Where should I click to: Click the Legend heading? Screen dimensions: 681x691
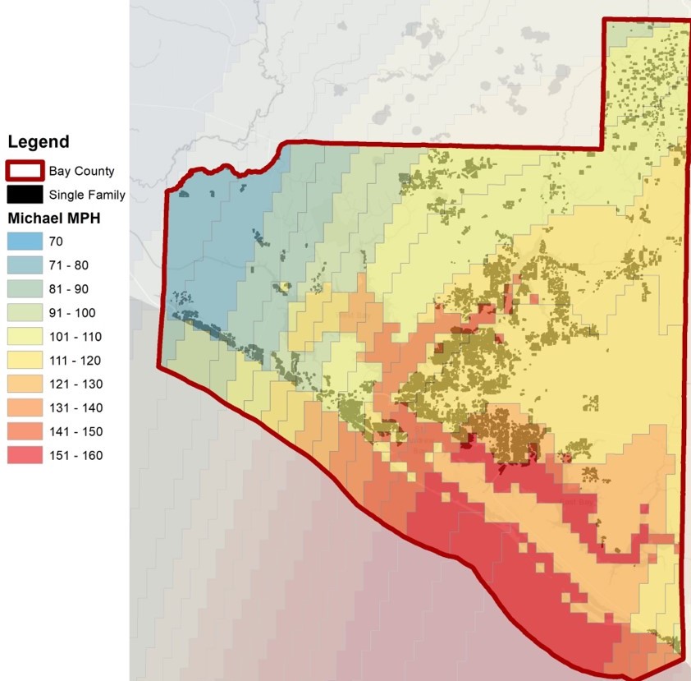click(x=38, y=142)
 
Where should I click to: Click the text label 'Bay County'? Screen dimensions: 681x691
click(x=81, y=171)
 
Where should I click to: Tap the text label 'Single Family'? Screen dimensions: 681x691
click(x=87, y=195)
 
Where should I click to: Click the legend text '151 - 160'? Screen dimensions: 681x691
click(x=76, y=456)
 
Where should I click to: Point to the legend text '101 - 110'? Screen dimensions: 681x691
click(x=76, y=337)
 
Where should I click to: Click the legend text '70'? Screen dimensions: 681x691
click(x=56, y=242)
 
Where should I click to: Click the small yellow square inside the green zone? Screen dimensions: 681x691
click(x=285, y=287)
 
